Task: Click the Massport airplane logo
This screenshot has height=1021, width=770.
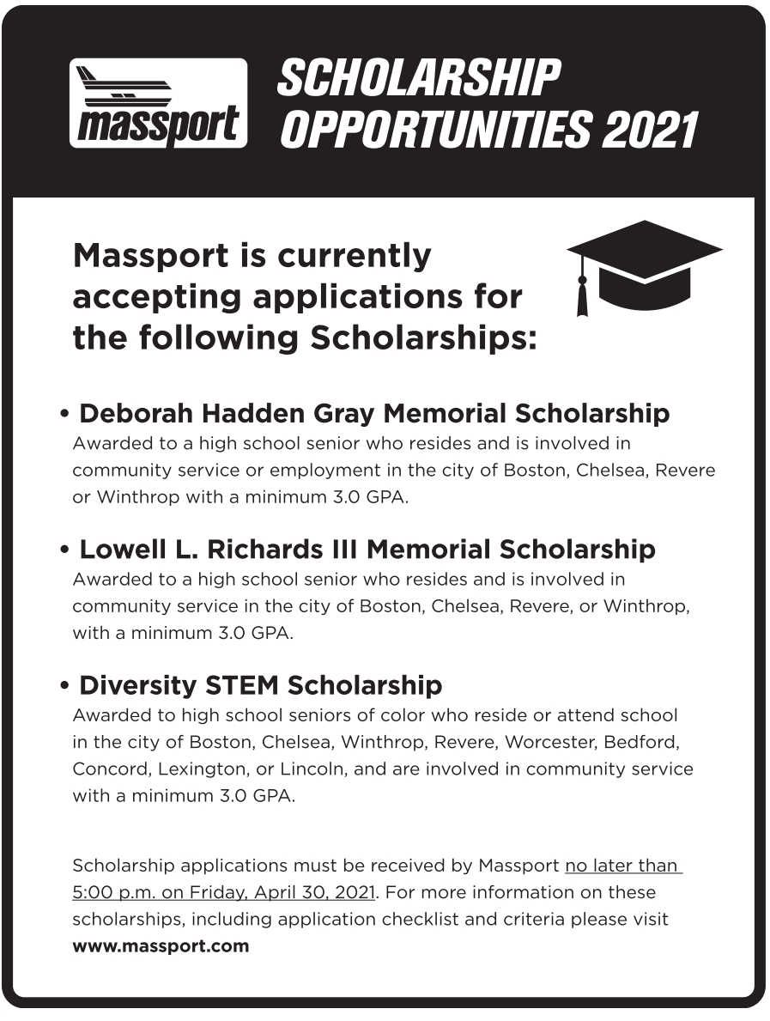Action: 158,103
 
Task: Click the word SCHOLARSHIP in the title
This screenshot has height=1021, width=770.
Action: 419,79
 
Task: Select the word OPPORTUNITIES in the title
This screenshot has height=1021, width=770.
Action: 436,131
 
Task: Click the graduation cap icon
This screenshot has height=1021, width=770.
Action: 645,266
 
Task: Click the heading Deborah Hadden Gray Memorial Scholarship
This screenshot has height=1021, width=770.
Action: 373,413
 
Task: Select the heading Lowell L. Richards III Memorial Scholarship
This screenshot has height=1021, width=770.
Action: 367,549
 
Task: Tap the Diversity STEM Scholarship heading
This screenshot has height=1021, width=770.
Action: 260,685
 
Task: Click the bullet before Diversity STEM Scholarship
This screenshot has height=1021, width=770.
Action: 65,687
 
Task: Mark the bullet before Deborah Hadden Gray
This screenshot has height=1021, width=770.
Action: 65,415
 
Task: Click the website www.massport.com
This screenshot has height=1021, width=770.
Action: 161,946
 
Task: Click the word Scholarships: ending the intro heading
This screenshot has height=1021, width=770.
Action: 423,337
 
